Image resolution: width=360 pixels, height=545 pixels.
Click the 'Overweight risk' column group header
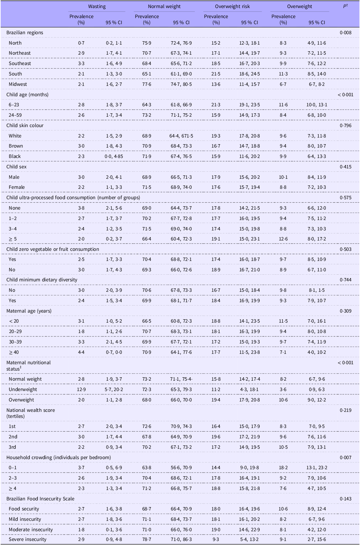(232, 7)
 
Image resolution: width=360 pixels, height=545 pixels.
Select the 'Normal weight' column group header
(164, 7)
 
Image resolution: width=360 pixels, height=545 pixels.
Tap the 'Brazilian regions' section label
(24, 33)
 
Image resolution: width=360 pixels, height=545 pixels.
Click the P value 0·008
(346, 33)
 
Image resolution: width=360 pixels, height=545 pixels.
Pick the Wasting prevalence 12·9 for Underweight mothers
(81, 389)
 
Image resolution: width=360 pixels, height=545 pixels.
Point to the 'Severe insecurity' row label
(28, 539)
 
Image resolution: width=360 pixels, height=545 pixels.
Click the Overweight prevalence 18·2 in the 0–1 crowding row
(283, 468)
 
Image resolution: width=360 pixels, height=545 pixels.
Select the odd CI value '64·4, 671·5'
(181, 136)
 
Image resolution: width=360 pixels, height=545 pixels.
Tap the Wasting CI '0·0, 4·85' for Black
(114, 156)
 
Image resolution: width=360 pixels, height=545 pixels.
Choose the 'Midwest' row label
(18, 84)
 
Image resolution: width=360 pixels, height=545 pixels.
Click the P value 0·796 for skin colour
(346, 125)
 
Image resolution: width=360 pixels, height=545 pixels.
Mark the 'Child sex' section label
(16, 167)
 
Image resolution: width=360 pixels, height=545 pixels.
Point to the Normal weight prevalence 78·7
(147, 539)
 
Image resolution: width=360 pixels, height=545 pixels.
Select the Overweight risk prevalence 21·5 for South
(216, 74)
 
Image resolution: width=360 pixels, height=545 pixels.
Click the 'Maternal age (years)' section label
(29, 311)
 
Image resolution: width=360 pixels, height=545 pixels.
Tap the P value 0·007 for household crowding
(346, 457)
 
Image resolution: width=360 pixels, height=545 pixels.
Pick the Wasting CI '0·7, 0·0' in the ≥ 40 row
(114, 352)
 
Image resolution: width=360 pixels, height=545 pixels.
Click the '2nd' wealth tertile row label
(13, 437)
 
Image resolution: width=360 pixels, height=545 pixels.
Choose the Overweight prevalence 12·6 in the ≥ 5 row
(283, 239)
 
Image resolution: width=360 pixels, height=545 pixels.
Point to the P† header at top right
(345, 6)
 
